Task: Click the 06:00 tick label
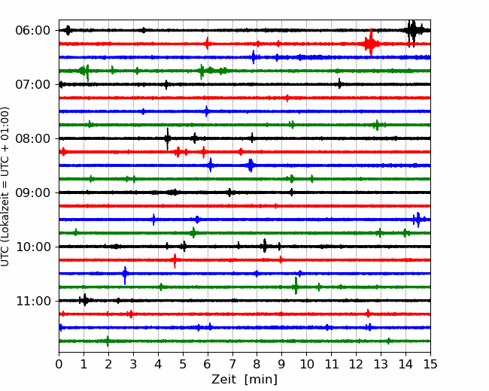32,31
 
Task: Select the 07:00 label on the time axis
32,84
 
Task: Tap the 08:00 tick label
32,138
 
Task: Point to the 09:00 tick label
32,192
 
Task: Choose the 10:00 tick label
32,247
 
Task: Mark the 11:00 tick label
32,301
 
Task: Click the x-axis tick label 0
59,364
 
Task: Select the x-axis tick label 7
232,364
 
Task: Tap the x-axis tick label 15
430,364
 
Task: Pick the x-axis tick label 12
356,364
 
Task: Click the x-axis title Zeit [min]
244,380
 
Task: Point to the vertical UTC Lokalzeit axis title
5,186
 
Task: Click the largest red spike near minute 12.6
371,42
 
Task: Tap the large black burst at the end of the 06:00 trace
412,32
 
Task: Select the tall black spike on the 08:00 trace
168,139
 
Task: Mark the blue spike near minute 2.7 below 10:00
125,275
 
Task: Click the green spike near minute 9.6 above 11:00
296,286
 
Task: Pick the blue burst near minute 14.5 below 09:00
418,220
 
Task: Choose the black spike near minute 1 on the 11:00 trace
84,300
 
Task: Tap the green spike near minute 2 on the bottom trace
108,341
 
